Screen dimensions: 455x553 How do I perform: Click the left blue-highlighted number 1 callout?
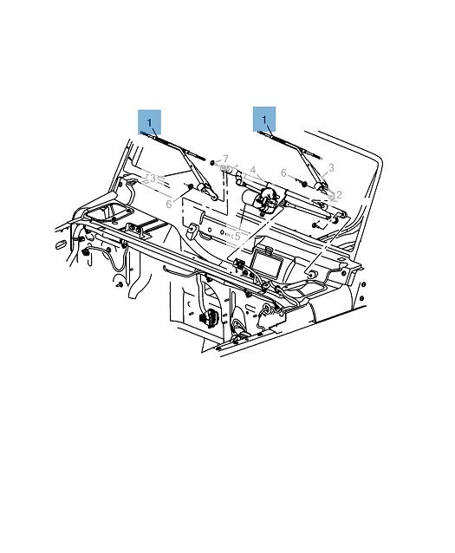[150, 122]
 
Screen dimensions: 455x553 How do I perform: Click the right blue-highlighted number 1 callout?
[264, 120]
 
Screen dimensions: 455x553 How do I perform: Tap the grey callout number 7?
[225, 159]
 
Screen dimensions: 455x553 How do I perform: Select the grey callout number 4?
[253, 171]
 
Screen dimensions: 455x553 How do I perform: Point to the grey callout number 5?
[237, 237]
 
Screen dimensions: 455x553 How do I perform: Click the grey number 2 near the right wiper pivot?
[339, 195]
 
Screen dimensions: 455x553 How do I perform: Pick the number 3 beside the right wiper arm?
[331, 168]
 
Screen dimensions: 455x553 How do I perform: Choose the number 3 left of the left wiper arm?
[153, 179]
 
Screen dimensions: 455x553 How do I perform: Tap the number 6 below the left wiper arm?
[169, 205]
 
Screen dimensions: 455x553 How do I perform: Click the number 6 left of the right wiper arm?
[283, 172]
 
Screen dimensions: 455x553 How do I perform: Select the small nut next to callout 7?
[212, 163]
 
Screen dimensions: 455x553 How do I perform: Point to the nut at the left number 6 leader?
[190, 186]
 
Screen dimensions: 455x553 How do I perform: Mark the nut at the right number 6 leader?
[303, 184]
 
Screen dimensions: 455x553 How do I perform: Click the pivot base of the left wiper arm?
[207, 191]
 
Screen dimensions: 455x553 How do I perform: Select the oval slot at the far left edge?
[61, 244]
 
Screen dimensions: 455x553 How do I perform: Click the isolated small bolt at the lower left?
[120, 284]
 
